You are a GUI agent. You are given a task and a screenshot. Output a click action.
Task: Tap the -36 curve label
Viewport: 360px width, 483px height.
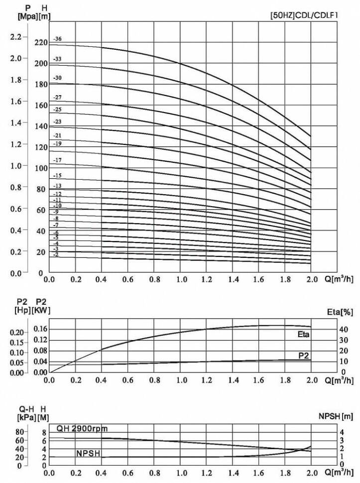click(57, 39)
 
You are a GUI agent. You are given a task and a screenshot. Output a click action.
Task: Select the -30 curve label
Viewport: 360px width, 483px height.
click(57, 78)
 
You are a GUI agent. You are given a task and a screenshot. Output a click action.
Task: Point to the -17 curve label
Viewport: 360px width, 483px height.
click(57, 160)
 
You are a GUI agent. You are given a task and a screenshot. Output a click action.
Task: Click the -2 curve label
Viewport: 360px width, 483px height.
click(56, 254)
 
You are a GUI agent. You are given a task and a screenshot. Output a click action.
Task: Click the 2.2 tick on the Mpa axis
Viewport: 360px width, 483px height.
click(15, 37)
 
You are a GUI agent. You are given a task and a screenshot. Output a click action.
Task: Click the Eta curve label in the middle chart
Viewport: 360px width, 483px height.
click(303, 335)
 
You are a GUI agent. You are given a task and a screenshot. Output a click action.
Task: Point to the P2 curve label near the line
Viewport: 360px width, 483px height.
click(304, 355)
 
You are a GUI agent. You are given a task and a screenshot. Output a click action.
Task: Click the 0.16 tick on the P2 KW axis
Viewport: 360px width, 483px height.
click(40, 329)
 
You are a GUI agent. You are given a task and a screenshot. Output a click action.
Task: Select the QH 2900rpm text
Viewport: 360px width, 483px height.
click(82, 429)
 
